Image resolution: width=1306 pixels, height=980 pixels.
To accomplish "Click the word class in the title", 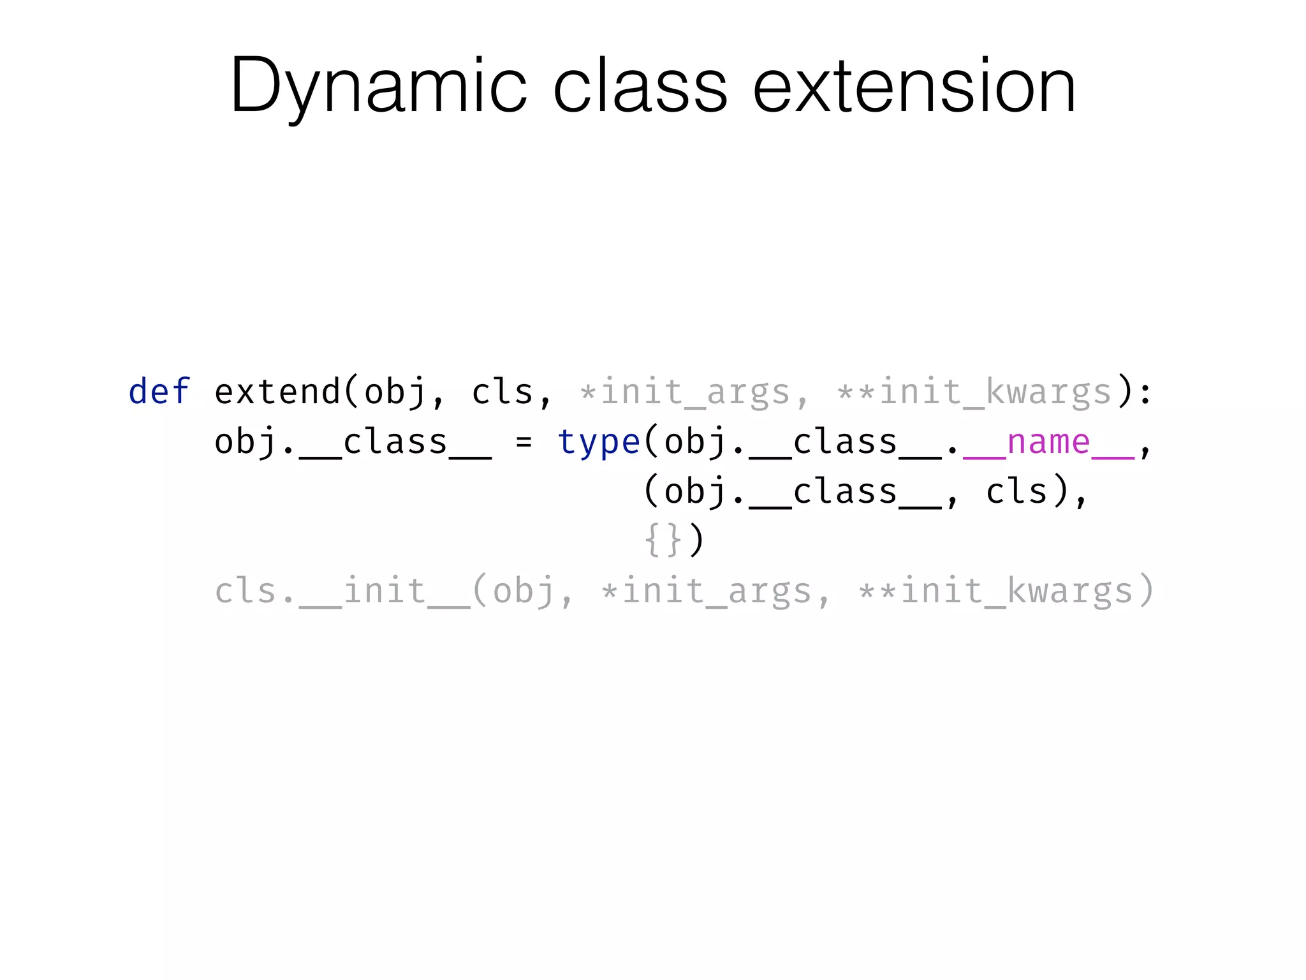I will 640,86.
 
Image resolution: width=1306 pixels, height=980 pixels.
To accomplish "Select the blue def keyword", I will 159,391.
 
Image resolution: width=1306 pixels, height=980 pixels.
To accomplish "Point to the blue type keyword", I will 598,442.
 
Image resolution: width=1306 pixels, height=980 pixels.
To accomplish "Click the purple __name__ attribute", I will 1048,442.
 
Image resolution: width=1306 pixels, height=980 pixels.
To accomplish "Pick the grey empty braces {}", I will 663,540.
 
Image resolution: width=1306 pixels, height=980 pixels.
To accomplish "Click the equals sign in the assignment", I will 524,442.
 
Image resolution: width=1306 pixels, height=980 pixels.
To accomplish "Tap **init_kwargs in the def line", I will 974,391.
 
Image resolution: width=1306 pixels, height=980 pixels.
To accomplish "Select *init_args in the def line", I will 684,391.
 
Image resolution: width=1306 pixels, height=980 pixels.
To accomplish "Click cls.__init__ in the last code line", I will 342,590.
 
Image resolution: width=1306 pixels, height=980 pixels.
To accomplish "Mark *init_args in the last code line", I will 706,590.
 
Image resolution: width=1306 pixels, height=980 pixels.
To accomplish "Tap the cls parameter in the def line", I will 502,391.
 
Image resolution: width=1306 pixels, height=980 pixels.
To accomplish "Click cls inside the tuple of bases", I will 1016,491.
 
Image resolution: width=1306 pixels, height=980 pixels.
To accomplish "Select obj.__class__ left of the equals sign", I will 353,442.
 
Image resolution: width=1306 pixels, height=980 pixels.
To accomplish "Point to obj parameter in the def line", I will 395,391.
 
